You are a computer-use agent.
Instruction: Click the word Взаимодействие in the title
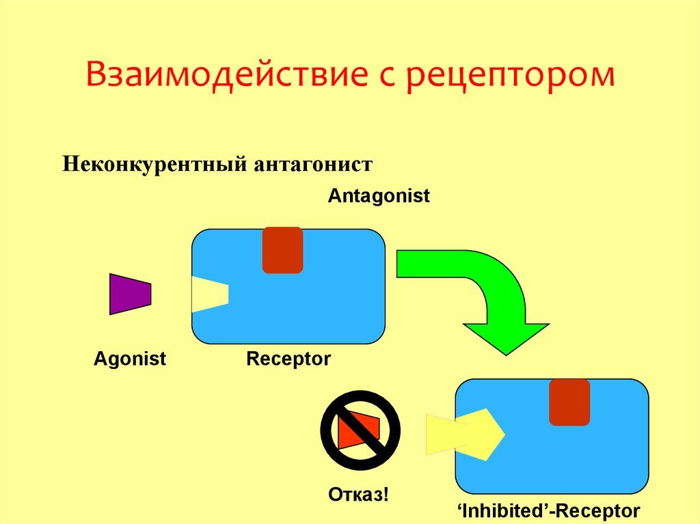[x=227, y=75]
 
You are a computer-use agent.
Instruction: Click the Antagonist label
[x=379, y=196]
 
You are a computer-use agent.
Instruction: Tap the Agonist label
[x=129, y=359]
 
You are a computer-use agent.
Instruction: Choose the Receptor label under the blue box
[x=288, y=359]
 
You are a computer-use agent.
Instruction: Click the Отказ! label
[x=358, y=495]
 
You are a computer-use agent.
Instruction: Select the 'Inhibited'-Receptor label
[x=549, y=511]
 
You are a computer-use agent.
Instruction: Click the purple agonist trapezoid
[x=131, y=294]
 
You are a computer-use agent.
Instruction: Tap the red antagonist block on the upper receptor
[x=282, y=250]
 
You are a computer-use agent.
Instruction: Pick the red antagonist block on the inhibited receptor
[x=569, y=402]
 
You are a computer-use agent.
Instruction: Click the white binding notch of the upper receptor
[x=209, y=294]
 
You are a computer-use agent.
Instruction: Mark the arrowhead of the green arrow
[x=506, y=339]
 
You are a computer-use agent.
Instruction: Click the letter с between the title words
[x=387, y=78]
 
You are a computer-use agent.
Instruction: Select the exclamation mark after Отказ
[x=386, y=495]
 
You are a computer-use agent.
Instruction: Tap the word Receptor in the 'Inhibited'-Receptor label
[x=599, y=511]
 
